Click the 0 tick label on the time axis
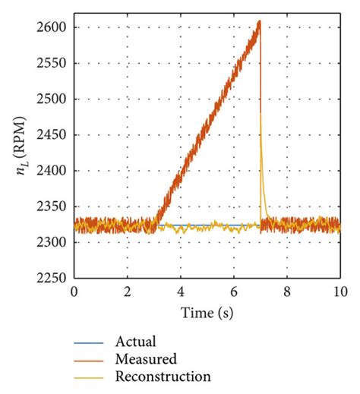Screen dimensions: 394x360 pos(74,292)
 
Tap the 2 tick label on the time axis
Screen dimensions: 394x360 pos(127,292)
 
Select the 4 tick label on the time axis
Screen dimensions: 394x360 pos(181,292)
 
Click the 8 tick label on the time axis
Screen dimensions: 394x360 pos(287,292)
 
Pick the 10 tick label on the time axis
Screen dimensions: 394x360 pos(339,292)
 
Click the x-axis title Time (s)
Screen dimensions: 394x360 pos(207,312)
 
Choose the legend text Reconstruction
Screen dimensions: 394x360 pos(163,376)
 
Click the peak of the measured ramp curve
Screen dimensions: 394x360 pos(260,21)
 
